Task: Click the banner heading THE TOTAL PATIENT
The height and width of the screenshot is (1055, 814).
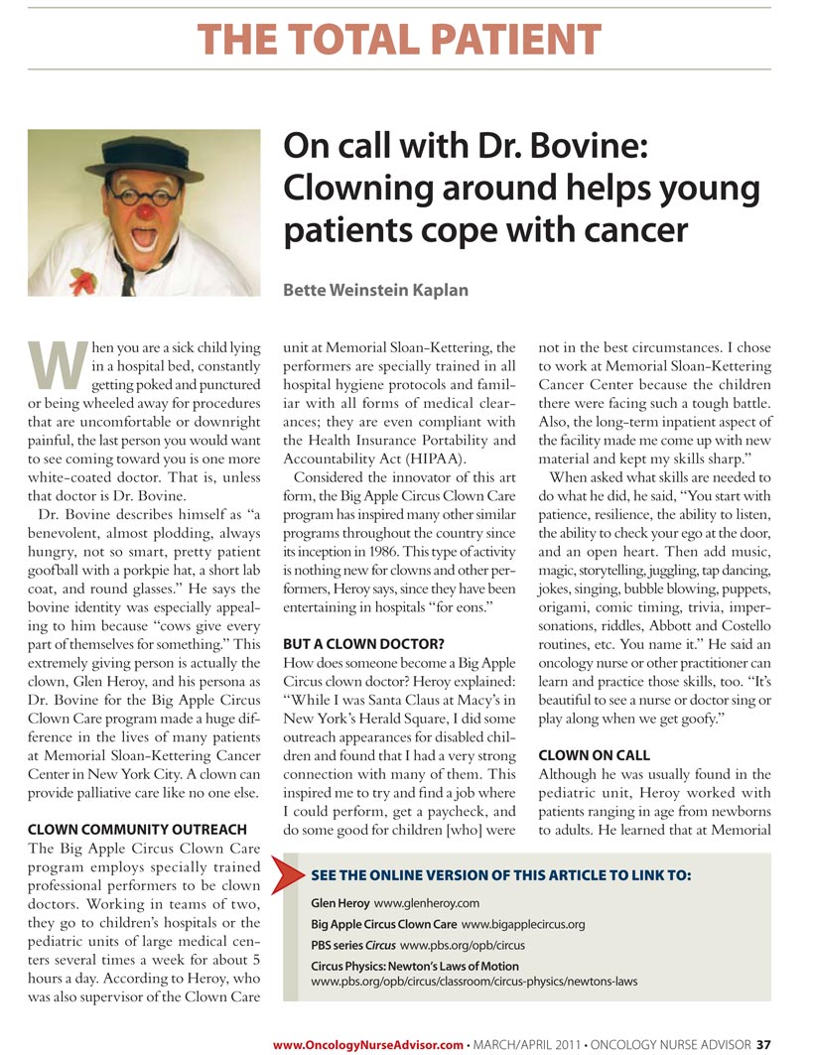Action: click(x=399, y=40)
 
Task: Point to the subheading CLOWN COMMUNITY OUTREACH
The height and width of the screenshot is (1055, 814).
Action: click(x=136, y=829)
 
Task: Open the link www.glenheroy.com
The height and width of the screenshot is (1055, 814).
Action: click(x=426, y=903)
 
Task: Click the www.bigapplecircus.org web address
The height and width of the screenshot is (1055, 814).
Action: click(x=522, y=924)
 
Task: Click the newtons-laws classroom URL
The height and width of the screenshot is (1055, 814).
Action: click(x=474, y=982)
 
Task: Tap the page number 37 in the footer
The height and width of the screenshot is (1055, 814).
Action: click(x=763, y=1044)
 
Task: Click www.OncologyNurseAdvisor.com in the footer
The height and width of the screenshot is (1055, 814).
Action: click(x=368, y=1044)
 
